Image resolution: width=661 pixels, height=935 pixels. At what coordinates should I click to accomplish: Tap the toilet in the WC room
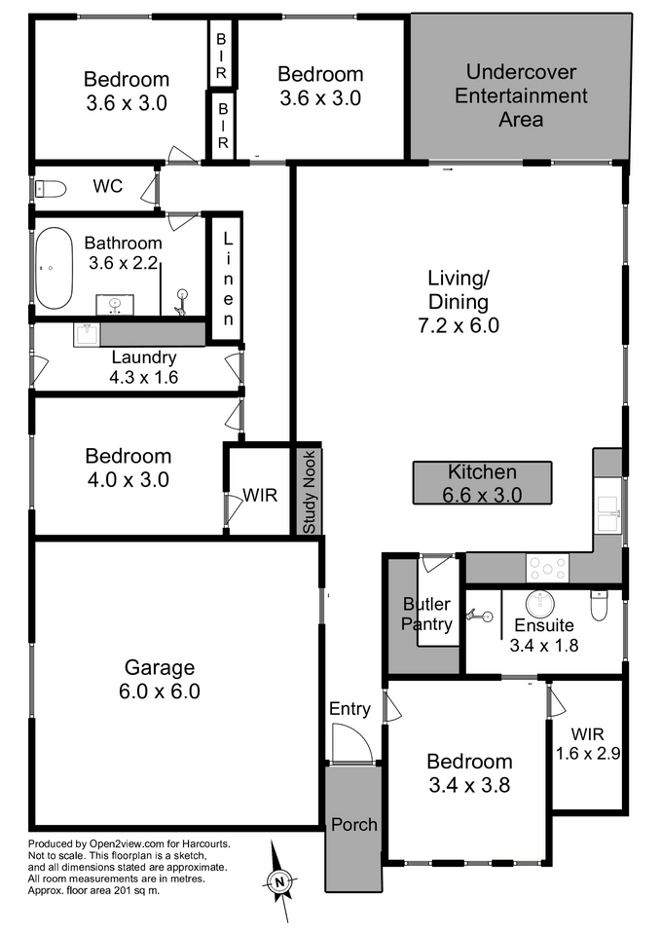pos(50,189)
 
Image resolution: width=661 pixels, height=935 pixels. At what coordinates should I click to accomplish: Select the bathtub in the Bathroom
pos(54,268)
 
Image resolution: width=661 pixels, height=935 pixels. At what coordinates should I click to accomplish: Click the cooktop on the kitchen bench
pos(547,567)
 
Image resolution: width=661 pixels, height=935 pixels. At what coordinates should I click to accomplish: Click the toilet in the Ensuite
pos(598,604)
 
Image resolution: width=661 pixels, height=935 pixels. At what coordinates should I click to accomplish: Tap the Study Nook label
pos(310,493)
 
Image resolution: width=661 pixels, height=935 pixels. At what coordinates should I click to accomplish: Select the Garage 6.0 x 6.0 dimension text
pos(160,692)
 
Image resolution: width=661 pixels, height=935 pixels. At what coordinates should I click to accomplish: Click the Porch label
pos(354,825)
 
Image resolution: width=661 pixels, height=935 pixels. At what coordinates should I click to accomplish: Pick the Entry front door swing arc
pos(357,732)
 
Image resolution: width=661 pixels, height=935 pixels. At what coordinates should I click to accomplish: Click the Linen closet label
pos(228,280)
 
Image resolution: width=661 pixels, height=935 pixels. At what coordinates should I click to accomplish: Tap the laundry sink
pos(87,334)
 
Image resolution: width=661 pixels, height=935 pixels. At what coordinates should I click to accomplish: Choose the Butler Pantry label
pos(426,614)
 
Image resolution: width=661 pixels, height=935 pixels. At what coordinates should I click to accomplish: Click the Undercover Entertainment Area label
pos(521,95)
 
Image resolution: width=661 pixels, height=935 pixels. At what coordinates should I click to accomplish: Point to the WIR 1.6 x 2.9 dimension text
pos(588,754)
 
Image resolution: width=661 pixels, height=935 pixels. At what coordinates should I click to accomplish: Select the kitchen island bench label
pos(482,483)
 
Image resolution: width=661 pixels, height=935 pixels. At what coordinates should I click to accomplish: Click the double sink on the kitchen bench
pos(608,513)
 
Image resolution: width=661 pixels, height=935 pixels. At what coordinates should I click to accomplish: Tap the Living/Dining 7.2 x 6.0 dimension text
pos(459,325)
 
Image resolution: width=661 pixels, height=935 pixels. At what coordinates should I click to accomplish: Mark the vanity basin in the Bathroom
pos(115,304)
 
